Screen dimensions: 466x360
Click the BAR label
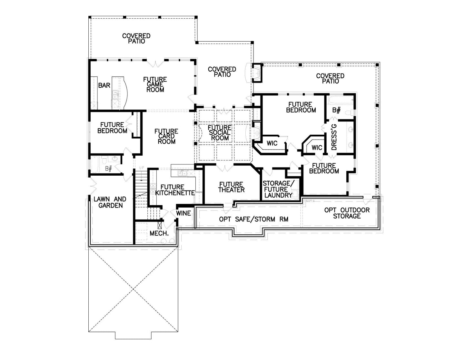pos(104,85)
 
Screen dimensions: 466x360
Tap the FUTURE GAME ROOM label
pos(155,85)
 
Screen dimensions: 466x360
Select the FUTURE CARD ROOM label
pos(166,136)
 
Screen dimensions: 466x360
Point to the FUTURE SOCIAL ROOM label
pos(220,133)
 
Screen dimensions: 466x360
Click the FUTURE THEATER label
pos(231,187)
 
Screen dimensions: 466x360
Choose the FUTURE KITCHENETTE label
pos(175,190)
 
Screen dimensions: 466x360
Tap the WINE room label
pos(183,213)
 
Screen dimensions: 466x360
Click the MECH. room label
pos(159,233)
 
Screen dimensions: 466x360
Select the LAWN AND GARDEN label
pos(110,202)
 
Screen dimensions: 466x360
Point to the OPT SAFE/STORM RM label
pos(254,219)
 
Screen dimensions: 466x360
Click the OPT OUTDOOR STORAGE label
pos(347,213)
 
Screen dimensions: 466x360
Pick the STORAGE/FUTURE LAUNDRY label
pos(278,189)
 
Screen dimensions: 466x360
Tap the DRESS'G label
pos(334,137)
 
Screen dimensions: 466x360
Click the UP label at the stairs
pos(142,167)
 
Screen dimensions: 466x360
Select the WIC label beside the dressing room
pos(317,147)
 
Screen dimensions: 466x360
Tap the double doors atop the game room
pos(155,63)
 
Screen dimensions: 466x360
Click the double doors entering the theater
pos(224,168)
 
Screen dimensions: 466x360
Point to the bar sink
pos(115,95)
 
